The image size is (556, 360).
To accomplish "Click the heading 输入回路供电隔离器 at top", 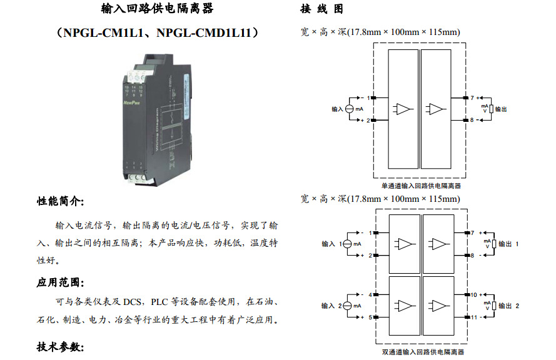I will click(157, 9).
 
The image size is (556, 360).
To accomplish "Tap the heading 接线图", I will click(321, 9).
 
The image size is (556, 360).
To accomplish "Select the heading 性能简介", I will click(60, 201).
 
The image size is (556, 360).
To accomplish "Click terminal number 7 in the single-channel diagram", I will click(472, 97).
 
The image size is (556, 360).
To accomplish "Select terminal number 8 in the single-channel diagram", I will click(472, 119).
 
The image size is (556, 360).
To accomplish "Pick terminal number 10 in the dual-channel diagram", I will click(474, 294).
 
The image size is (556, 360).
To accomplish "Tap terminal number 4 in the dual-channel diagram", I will click(370, 294).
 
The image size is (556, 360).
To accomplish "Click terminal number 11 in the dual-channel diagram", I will click(474, 317).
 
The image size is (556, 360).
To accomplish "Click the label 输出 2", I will click(509, 306).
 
